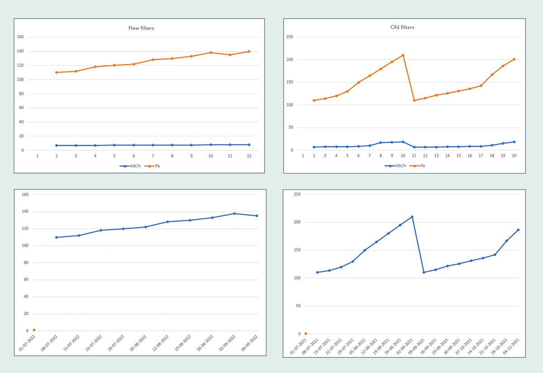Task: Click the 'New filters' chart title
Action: click(x=141, y=28)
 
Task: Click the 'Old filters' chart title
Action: click(x=402, y=27)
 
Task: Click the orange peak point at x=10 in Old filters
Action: click(x=403, y=55)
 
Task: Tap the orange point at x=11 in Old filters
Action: click(x=414, y=100)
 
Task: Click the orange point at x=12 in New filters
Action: click(x=249, y=51)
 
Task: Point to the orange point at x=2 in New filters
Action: click(x=57, y=72)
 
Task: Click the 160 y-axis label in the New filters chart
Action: click(x=19, y=37)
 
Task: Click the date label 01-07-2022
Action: click(x=26, y=344)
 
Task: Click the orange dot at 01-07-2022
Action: click(x=34, y=330)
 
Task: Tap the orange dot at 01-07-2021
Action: click(x=305, y=334)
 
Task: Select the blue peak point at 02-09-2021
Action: click(x=412, y=217)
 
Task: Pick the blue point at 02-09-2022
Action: click(x=234, y=214)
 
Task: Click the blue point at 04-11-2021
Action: click(x=518, y=230)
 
